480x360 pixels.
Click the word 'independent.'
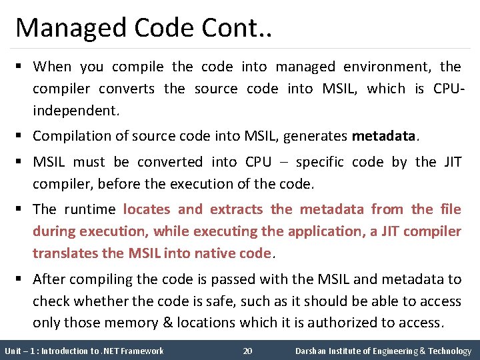(x=77, y=111)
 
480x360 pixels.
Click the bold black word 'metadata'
(x=383, y=137)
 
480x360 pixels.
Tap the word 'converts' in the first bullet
(x=127, y=89)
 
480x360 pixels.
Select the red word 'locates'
(x=147, y=209)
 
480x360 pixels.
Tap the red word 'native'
(x=217, y=253)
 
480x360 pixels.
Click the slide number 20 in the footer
(x=247, y=351)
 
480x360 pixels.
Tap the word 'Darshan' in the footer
(x=311, y=351)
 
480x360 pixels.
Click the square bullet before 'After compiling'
(x=21, y=279)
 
